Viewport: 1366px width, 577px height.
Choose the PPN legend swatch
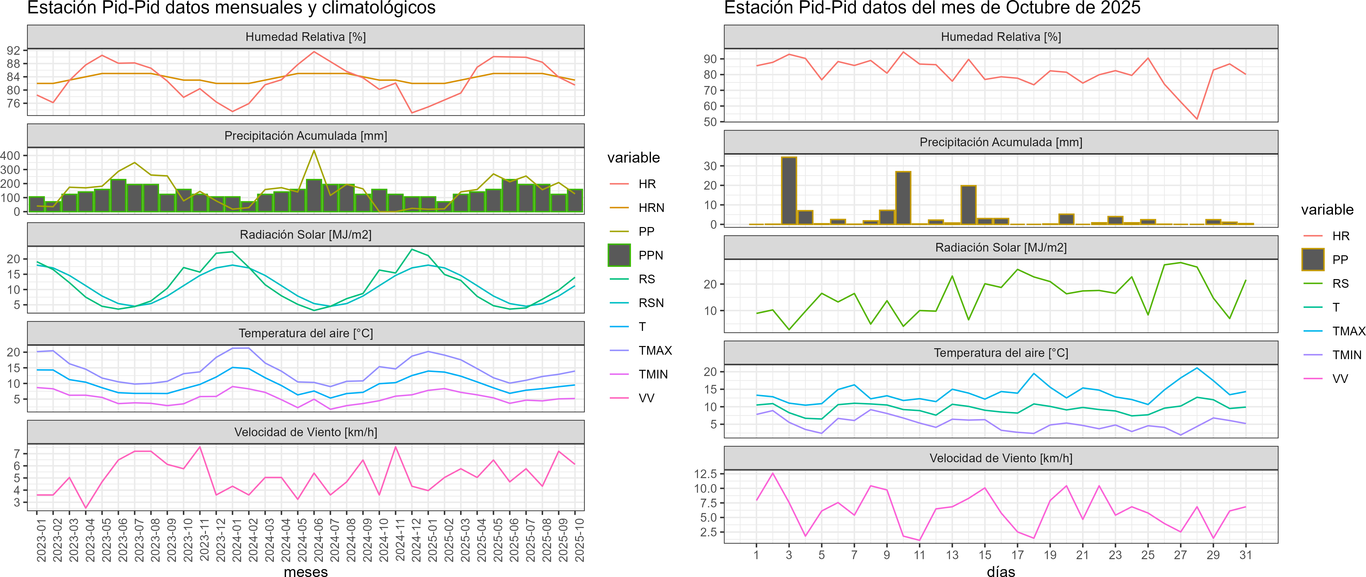pyautogui.click(x=619, y=255)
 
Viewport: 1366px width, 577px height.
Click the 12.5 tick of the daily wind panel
pyautogui.click(x=705, y=474)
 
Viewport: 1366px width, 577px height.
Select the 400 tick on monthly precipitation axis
pyautogui.click(x=11, y=155)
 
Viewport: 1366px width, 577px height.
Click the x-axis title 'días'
pyautogui.click(x=1001, y=571)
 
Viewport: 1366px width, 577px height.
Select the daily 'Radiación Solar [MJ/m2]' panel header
pyautogui.click(x=1001, y=248)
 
